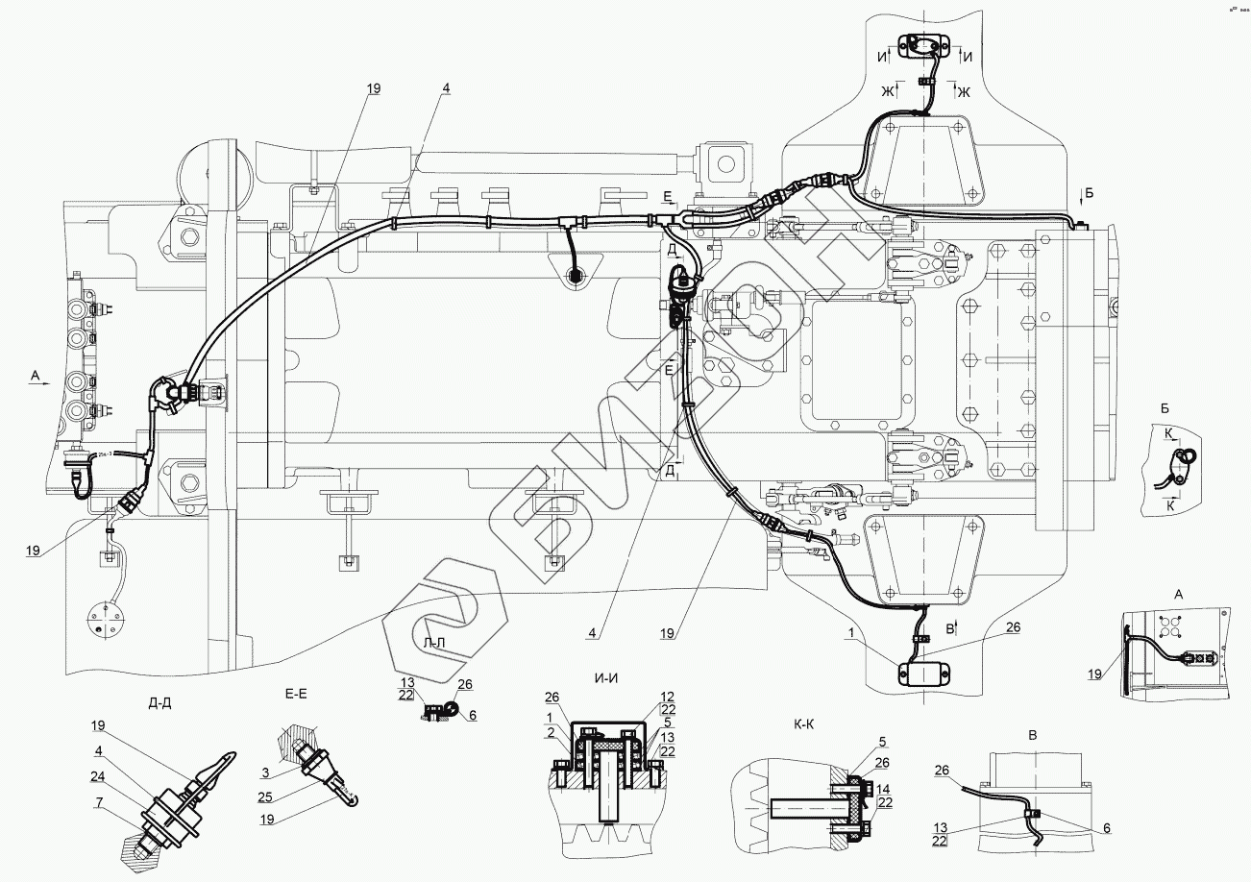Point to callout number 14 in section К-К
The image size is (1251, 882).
coord(883,790)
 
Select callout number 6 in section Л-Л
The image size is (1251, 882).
coord(472,715)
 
